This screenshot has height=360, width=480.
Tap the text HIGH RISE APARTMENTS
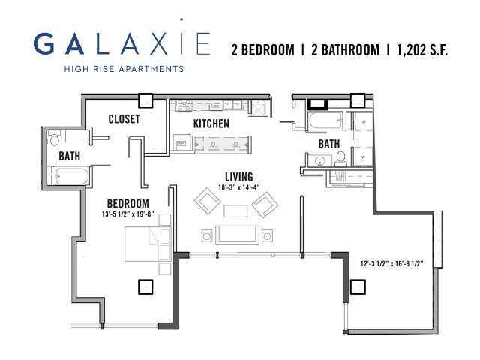pyautogui.click(x=124, y=69)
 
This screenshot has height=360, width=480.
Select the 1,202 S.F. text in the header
pyautogui.click(x=422, y=50)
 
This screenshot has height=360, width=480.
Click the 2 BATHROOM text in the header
pyautogui.click(x=345, y=50)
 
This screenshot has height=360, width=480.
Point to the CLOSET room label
pyautogui.click(x=124, y=119)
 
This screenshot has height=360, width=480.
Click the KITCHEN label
pyautogui.click(x=211, y=124)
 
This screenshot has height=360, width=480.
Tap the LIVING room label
pyautogui.click(x=239, y=177)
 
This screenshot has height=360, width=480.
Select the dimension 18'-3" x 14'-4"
pyautogui.click(x=239, y=187)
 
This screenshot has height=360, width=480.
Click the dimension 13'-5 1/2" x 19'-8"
pyautogui.click(x=128, y=214)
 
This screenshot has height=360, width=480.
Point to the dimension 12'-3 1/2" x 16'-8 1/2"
pyautogui.click(x=391, y=263)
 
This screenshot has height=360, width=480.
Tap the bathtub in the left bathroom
pyautogui.click(x=72, y=176)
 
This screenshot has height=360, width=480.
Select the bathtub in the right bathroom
pyautogui.click(x=326, y=121)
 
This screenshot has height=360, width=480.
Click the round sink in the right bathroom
pyautogui.click(x=320, y=161)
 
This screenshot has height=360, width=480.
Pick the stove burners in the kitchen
pyautogui.click(x=183, y=105)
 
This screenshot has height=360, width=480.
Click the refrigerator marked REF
pyautogui.click(x=181, y=143)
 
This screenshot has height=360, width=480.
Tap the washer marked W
pyautogui.click(x=363, y=157)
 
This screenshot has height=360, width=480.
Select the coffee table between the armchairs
pyautogui.click(x=235, y=211)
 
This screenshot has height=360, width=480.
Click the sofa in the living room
pyautogui.click(x=237, y=235)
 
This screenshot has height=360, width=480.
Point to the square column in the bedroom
pyautogui.click(x=145, y=286)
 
